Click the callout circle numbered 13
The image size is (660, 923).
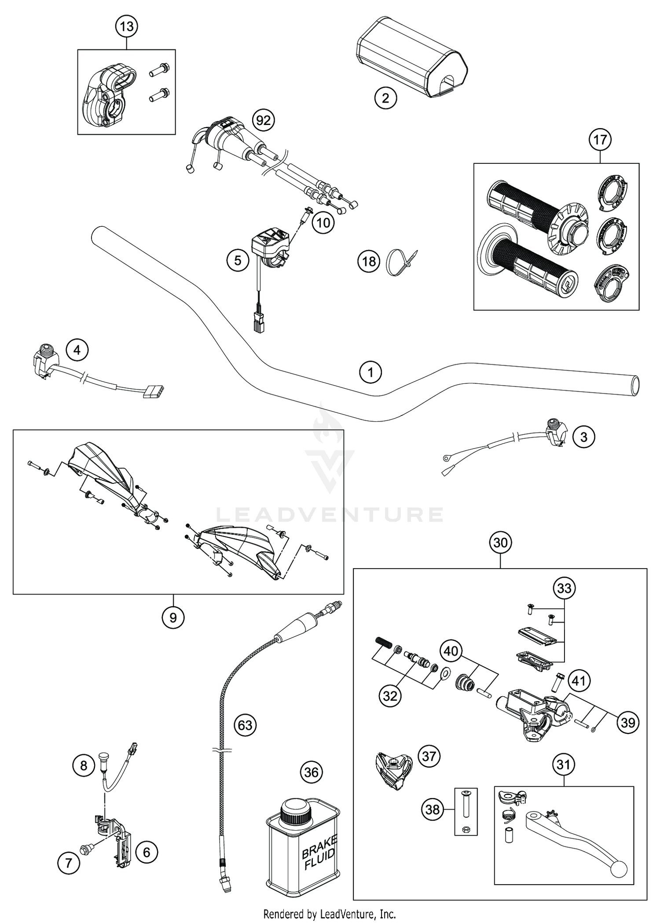[x=126, y=26]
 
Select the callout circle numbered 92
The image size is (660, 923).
[x=263, y=120]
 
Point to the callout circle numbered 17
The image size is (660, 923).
[x=600, y=140]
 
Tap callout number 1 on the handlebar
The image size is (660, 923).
[x=370, y=372]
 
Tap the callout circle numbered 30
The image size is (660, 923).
[x=500, y=543]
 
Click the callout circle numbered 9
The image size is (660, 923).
[x=173, y=618]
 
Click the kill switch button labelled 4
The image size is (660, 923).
[x=45, y=350]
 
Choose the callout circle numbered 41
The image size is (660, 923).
[x=579, y=681]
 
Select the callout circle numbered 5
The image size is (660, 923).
[x=238, y=261]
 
